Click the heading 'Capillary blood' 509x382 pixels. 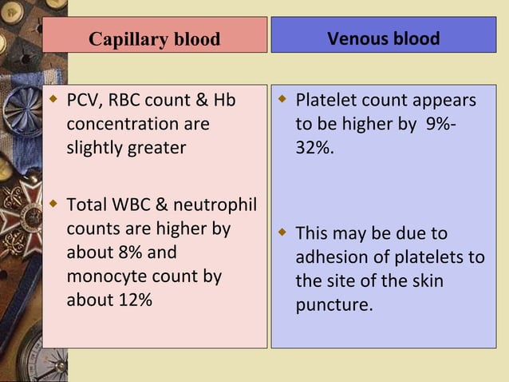154,39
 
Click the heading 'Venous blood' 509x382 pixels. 383,38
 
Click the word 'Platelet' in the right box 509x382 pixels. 326,101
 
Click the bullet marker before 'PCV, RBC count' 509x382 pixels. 53,101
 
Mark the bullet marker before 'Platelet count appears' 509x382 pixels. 282,101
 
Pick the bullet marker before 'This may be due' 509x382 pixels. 282,233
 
